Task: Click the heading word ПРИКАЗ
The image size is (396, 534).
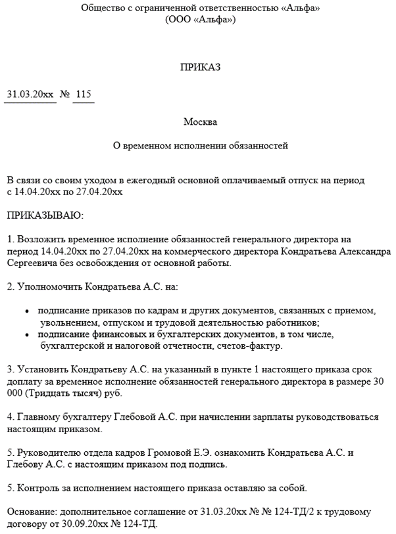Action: click(x=199, y=67)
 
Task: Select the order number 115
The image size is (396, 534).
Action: click(x=84, y=95)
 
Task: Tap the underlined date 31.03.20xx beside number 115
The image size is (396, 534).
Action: click(x=30, y=95)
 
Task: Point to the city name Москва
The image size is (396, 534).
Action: click(x=199, y=122)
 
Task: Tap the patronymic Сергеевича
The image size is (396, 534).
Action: click(x=31, y=263)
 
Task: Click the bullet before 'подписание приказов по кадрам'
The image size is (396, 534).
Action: click(x=26, y=311)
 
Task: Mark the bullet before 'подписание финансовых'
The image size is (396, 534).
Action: click(x=26, y=335)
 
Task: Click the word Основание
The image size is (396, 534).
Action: click(x=32, y=513)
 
